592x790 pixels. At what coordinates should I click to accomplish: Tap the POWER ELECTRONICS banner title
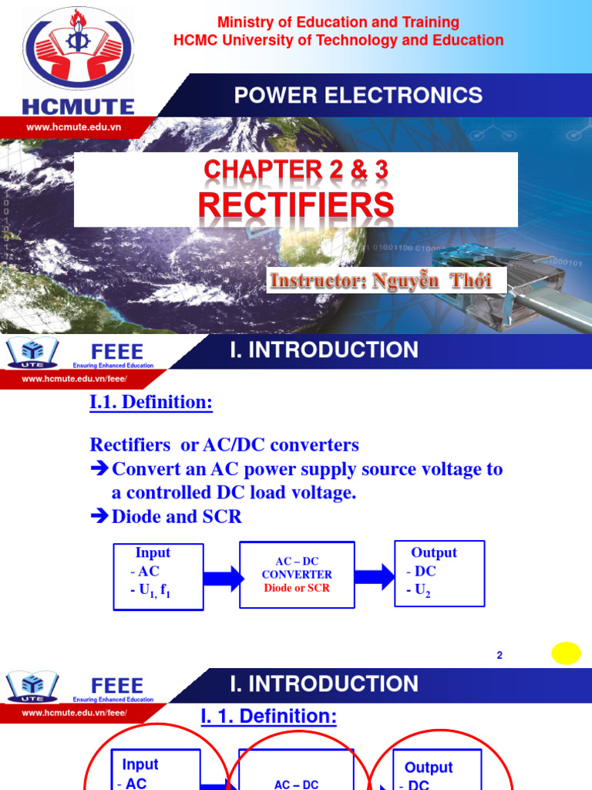pos(358,96)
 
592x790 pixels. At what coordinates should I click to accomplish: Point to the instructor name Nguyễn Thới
pos(379,280)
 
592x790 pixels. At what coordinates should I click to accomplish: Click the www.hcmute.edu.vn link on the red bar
pos(73,127)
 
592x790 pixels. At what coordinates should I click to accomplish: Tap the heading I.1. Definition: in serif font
pos(151,402)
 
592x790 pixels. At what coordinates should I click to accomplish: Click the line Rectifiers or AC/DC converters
pos(224,445)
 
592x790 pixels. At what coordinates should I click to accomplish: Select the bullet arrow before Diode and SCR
pos(99,517)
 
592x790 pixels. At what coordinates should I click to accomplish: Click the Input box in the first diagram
pos(159,576)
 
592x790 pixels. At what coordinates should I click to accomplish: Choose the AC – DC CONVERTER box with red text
pos(297,576)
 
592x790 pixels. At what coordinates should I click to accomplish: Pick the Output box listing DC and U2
pos(439,574)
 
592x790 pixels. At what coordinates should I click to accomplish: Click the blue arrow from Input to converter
pos(222,576)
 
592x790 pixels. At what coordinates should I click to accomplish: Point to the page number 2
pos(499,655)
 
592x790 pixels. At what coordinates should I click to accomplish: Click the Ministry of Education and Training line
pos(338,22)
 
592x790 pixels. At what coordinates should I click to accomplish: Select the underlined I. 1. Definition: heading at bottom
pos(268,717)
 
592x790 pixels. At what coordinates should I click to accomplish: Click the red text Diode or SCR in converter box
pos(297,588)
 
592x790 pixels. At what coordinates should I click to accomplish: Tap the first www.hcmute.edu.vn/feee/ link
pos(74,379)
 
